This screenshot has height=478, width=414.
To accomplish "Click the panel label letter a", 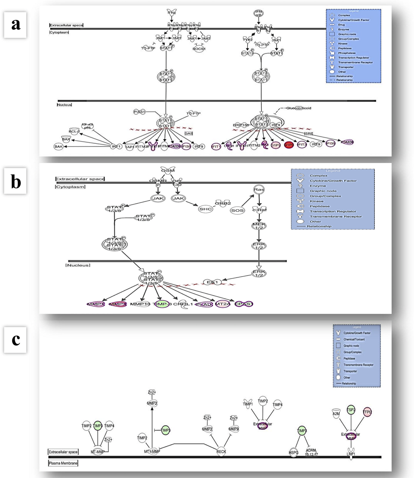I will pos(15,24).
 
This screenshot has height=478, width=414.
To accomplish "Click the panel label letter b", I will pos(15,181).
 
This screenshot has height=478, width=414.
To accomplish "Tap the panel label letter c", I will pos(15,340).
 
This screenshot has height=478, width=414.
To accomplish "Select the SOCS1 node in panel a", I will pos(199,48).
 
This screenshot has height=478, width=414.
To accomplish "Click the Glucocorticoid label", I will pos(299,108).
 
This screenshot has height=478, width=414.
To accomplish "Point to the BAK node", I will pos(58,146).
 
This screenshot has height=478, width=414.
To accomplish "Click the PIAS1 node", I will pos(139,112).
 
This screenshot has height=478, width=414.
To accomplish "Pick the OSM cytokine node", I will pos(168,171).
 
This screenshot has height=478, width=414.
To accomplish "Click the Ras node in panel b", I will pos(259,189).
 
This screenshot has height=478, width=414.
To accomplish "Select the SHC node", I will pos(205,209).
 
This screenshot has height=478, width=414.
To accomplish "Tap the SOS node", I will pos(237,210).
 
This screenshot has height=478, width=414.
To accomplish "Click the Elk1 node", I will pos(212,282).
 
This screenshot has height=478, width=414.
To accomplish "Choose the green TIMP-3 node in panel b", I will pos(162,304).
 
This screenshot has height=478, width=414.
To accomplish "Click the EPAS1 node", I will pos(243,304).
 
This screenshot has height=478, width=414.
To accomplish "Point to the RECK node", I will pos(221,451).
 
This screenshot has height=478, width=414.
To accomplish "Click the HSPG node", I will pos(294,452).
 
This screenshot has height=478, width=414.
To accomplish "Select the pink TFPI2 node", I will pos(367,412).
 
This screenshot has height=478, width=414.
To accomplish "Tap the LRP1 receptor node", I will pos(351,453).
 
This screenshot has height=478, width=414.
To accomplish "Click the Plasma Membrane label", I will pos(63,463).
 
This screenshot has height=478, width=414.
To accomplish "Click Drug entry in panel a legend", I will pos(341,25).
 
